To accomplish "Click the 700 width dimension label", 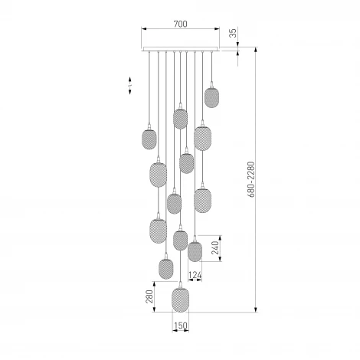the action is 180,24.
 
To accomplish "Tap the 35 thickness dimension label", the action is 233,33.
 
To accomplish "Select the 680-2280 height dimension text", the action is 251,179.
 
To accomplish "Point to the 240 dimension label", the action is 215,247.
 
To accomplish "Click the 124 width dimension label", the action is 195,275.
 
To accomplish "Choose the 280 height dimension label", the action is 149,296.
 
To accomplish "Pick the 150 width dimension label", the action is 181,326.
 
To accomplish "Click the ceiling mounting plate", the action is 181,49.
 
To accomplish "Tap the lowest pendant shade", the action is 181,300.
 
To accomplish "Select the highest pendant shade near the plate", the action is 211,97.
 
